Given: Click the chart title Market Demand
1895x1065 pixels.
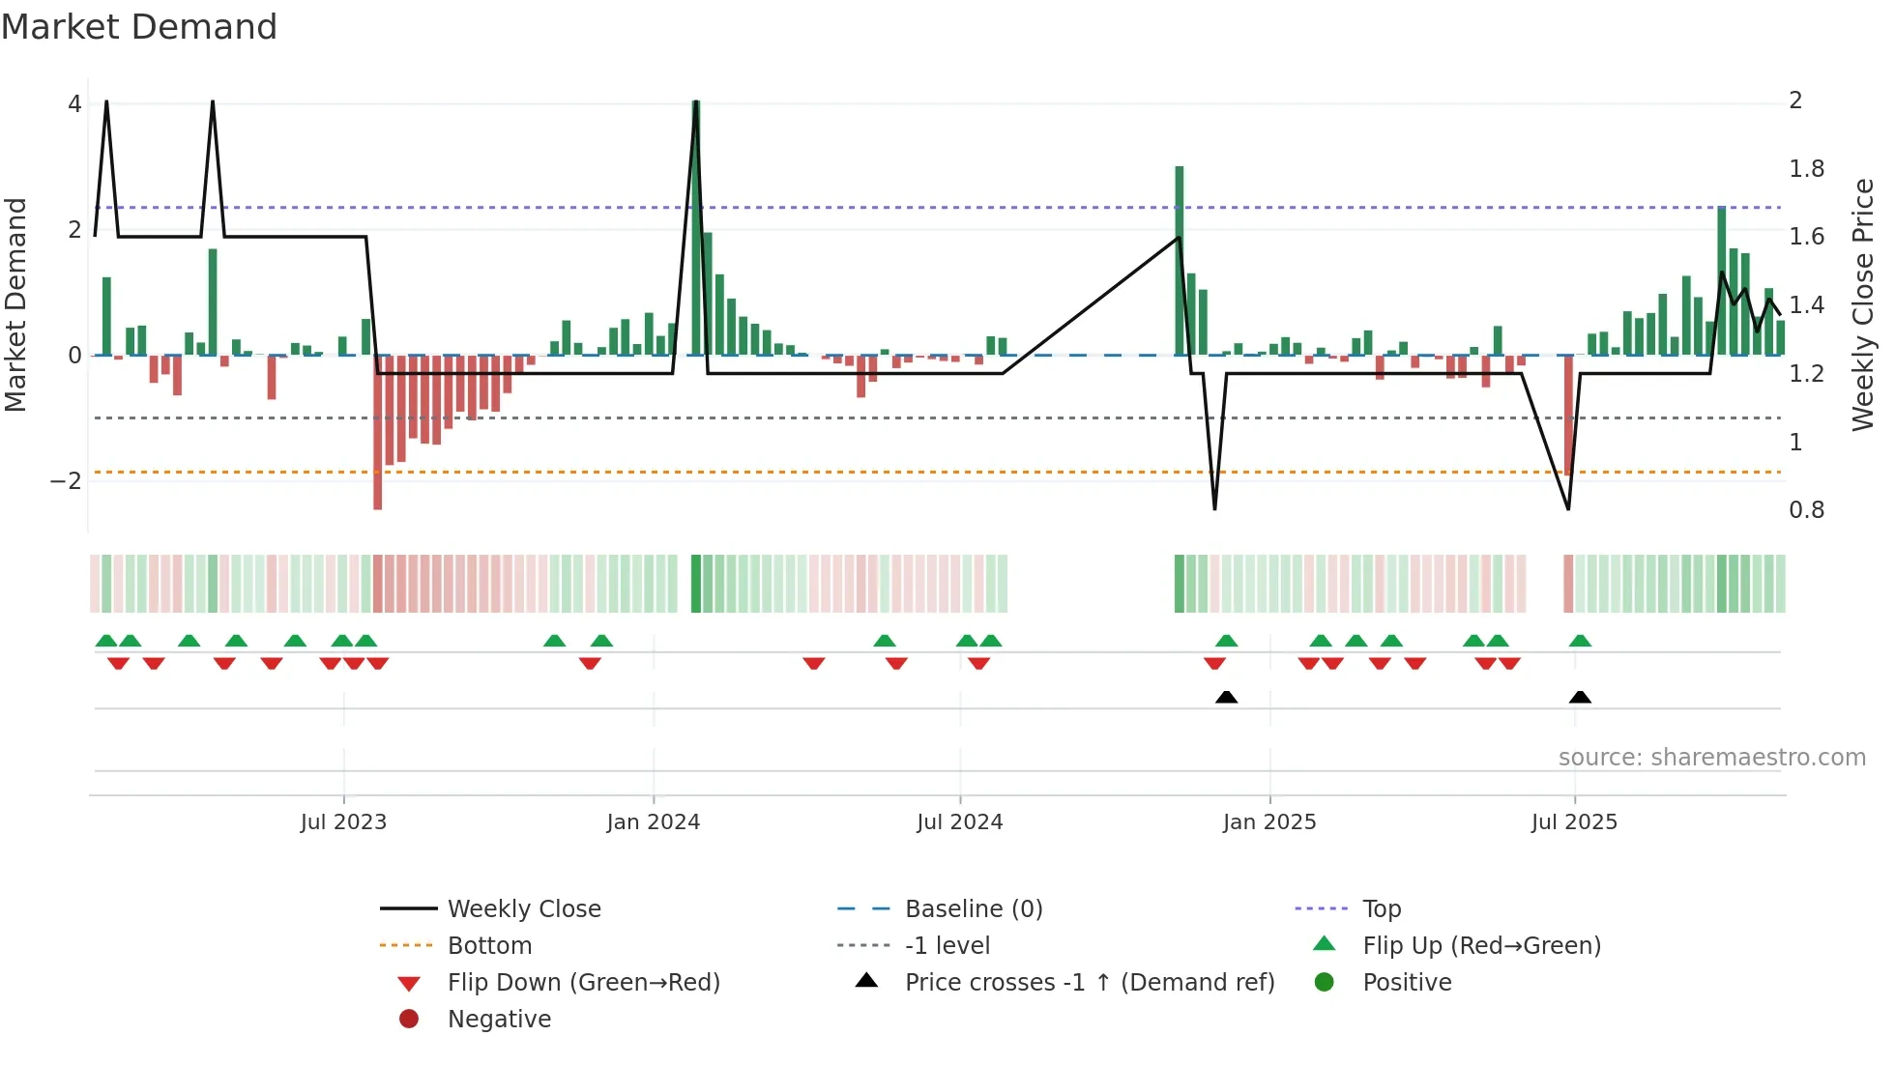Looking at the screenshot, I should point(139,27).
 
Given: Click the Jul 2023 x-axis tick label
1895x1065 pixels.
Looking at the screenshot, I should point(343,822).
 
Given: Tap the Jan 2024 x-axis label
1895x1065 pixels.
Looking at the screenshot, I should point(654,822).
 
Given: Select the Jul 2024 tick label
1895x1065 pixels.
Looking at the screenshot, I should point(960,822).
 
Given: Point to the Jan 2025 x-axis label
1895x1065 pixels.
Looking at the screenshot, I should point(1269,822).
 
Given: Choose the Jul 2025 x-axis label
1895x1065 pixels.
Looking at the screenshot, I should point(1574,822).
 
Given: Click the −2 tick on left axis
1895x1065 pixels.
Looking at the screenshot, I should point(66,481).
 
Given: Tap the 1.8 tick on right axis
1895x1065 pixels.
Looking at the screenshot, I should point(1806,169).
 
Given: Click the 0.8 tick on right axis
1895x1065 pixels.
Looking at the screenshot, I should point(1806,510).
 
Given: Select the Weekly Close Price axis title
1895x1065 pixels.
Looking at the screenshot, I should point(1863,304).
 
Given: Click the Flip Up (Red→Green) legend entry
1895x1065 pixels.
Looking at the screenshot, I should point(1481,946).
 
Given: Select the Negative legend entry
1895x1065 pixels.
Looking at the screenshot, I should point(499,1020).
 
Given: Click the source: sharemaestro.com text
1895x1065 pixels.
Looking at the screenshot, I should point(1711,758).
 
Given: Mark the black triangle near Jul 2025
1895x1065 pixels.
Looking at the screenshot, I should point(1580,698).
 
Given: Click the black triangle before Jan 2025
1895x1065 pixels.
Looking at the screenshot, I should point(1226,698).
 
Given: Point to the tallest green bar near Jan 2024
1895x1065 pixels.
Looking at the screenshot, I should point(696,227).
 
